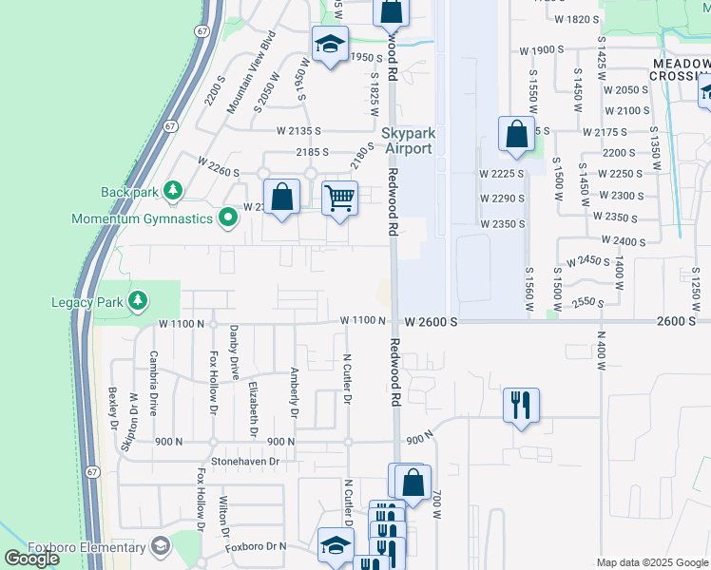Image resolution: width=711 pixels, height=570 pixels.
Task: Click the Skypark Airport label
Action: pyautogui.click(x=407, y=142)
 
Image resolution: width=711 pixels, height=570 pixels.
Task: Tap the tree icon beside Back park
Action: pyautogui.click(x=172, y=192)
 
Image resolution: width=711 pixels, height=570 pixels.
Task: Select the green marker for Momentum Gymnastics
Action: pyautogui.click(x=227, y=219)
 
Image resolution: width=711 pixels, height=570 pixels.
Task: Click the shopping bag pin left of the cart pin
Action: pyautogui.click(x=281, y=199)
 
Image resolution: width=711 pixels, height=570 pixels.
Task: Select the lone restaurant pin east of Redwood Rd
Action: pyautogui.click(x=521, y=406)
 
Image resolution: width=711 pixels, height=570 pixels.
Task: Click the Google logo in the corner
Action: pyautogui.click(x=31, y=559)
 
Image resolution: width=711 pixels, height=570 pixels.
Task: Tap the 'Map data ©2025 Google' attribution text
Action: pyautogui.click(x=651, y=562)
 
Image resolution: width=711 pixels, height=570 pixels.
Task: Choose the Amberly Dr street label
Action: pyautogui.click(x=294, y=393)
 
